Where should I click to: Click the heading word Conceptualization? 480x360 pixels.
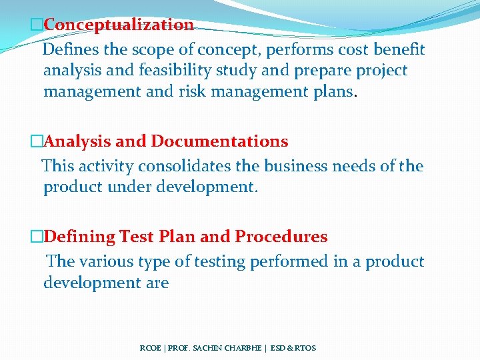point(118,25)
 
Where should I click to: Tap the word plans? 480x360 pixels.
point(331,91)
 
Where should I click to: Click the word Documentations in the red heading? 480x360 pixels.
point(220,141)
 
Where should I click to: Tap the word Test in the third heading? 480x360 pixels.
point(136,237)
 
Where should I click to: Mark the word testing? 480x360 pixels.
point(220,262)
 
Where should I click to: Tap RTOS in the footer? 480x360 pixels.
point(304,348)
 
